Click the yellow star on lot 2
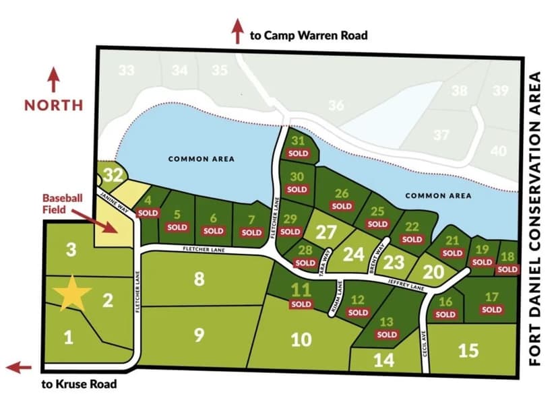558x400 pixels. point(72,294)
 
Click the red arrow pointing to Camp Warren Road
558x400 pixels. point(237,31)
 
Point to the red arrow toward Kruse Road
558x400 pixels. point(19,367)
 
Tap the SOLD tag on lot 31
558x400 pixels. point(298,154)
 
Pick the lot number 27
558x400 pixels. point(326,232)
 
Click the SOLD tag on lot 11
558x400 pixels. point(301,304)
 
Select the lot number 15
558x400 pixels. point(468,350)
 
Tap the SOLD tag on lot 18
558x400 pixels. point(507,269)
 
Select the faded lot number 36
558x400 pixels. point(336,105)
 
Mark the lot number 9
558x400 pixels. point(198,335)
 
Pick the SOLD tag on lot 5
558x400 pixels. point(177,228)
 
